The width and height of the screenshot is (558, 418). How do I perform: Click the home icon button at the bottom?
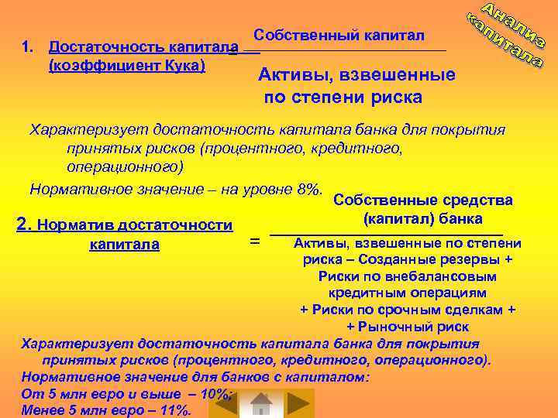[x=261, y=404]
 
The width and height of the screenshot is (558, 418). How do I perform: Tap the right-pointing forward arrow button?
[x=297, y=404]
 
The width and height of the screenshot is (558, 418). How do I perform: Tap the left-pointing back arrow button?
[x=223, y=403]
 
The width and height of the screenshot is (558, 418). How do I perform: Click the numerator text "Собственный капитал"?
[x=339, y=36]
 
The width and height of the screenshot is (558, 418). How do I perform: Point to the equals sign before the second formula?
[x=254, y=242]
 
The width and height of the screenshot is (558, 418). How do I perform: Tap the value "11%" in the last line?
[x=174, y=410]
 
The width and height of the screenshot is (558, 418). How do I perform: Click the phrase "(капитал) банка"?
[x=422, y=218]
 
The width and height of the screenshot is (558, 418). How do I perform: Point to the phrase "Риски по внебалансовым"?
[x=407, y=276]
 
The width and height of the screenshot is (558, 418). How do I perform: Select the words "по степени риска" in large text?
[x=343, y=98]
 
